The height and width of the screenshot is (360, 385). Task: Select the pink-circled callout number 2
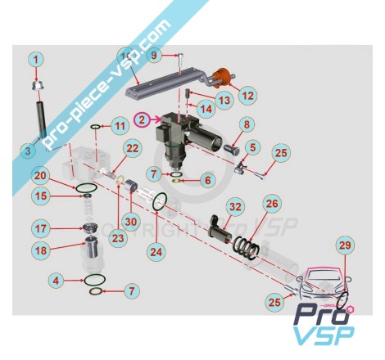[142, 119]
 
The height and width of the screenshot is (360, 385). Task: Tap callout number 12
[247, 96]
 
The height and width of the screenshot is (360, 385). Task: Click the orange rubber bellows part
[223, 77]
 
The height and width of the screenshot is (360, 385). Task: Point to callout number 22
[133, 148]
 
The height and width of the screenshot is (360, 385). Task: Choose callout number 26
[272, 204]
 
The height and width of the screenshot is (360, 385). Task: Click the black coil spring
[246, 248]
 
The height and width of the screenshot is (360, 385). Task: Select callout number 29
[345, 245]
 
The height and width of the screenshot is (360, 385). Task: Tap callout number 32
[235, 207]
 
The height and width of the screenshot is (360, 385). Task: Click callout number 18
[41, 250]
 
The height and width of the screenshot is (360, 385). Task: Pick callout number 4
[56, 281]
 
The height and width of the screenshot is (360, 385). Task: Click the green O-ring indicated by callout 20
[86, 188]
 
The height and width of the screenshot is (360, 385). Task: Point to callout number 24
[156, 252]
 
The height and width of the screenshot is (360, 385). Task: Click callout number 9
[155, 56]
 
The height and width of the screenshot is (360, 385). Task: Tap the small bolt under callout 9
[180, 59]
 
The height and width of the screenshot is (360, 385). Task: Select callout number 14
[206, 109]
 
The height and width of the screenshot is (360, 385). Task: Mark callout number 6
[208, 180]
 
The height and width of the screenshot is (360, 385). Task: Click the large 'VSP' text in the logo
[324, 336]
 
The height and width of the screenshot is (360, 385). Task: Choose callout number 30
[131, 222]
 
